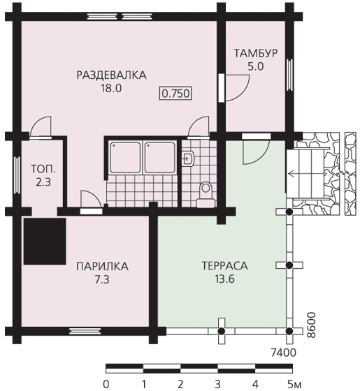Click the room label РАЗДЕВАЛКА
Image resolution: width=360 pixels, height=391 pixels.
point(111,75)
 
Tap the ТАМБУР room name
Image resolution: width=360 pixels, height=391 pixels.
point(256,54)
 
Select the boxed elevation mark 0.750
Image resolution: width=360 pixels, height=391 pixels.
point(175,94)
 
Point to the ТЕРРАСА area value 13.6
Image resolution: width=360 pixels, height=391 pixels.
point(224,279)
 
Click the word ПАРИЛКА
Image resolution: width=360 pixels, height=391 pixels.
point(102,266)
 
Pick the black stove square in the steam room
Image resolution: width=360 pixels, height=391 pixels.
point(45,241)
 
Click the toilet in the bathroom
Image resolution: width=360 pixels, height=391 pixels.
point(206,195)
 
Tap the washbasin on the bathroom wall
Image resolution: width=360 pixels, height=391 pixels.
point(188,158)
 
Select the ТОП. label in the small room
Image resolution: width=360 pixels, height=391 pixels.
point(43,169)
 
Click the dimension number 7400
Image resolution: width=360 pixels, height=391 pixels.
point(284,353)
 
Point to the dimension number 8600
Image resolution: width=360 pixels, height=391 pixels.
point(311,325)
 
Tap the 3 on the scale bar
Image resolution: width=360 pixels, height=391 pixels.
point(217,384)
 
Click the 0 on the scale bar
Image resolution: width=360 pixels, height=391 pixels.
point(106,384)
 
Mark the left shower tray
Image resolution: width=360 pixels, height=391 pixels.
point(125,157)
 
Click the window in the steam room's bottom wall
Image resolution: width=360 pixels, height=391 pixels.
point(85,331)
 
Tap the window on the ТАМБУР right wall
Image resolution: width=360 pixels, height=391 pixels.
point(289,75)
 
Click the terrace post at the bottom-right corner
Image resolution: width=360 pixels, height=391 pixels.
point(289,331)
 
